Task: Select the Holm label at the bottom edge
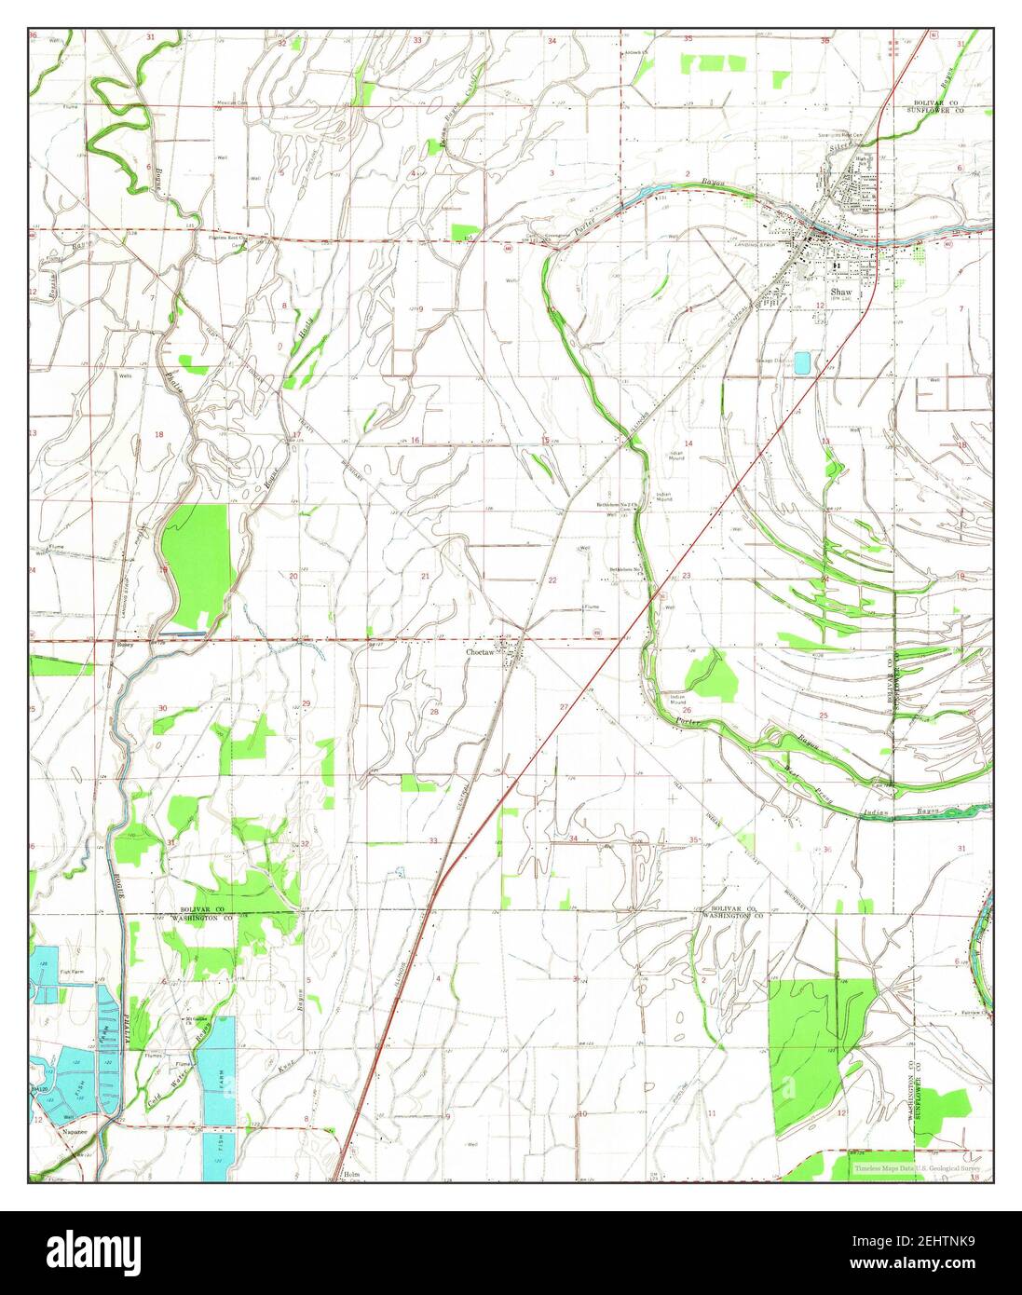(x=350, y=1175)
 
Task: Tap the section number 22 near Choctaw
(x=552, y=580)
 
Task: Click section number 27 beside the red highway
(x=564, y=708)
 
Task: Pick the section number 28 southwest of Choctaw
(x=433, y=712)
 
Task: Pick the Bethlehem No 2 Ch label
(x=616, y=505)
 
